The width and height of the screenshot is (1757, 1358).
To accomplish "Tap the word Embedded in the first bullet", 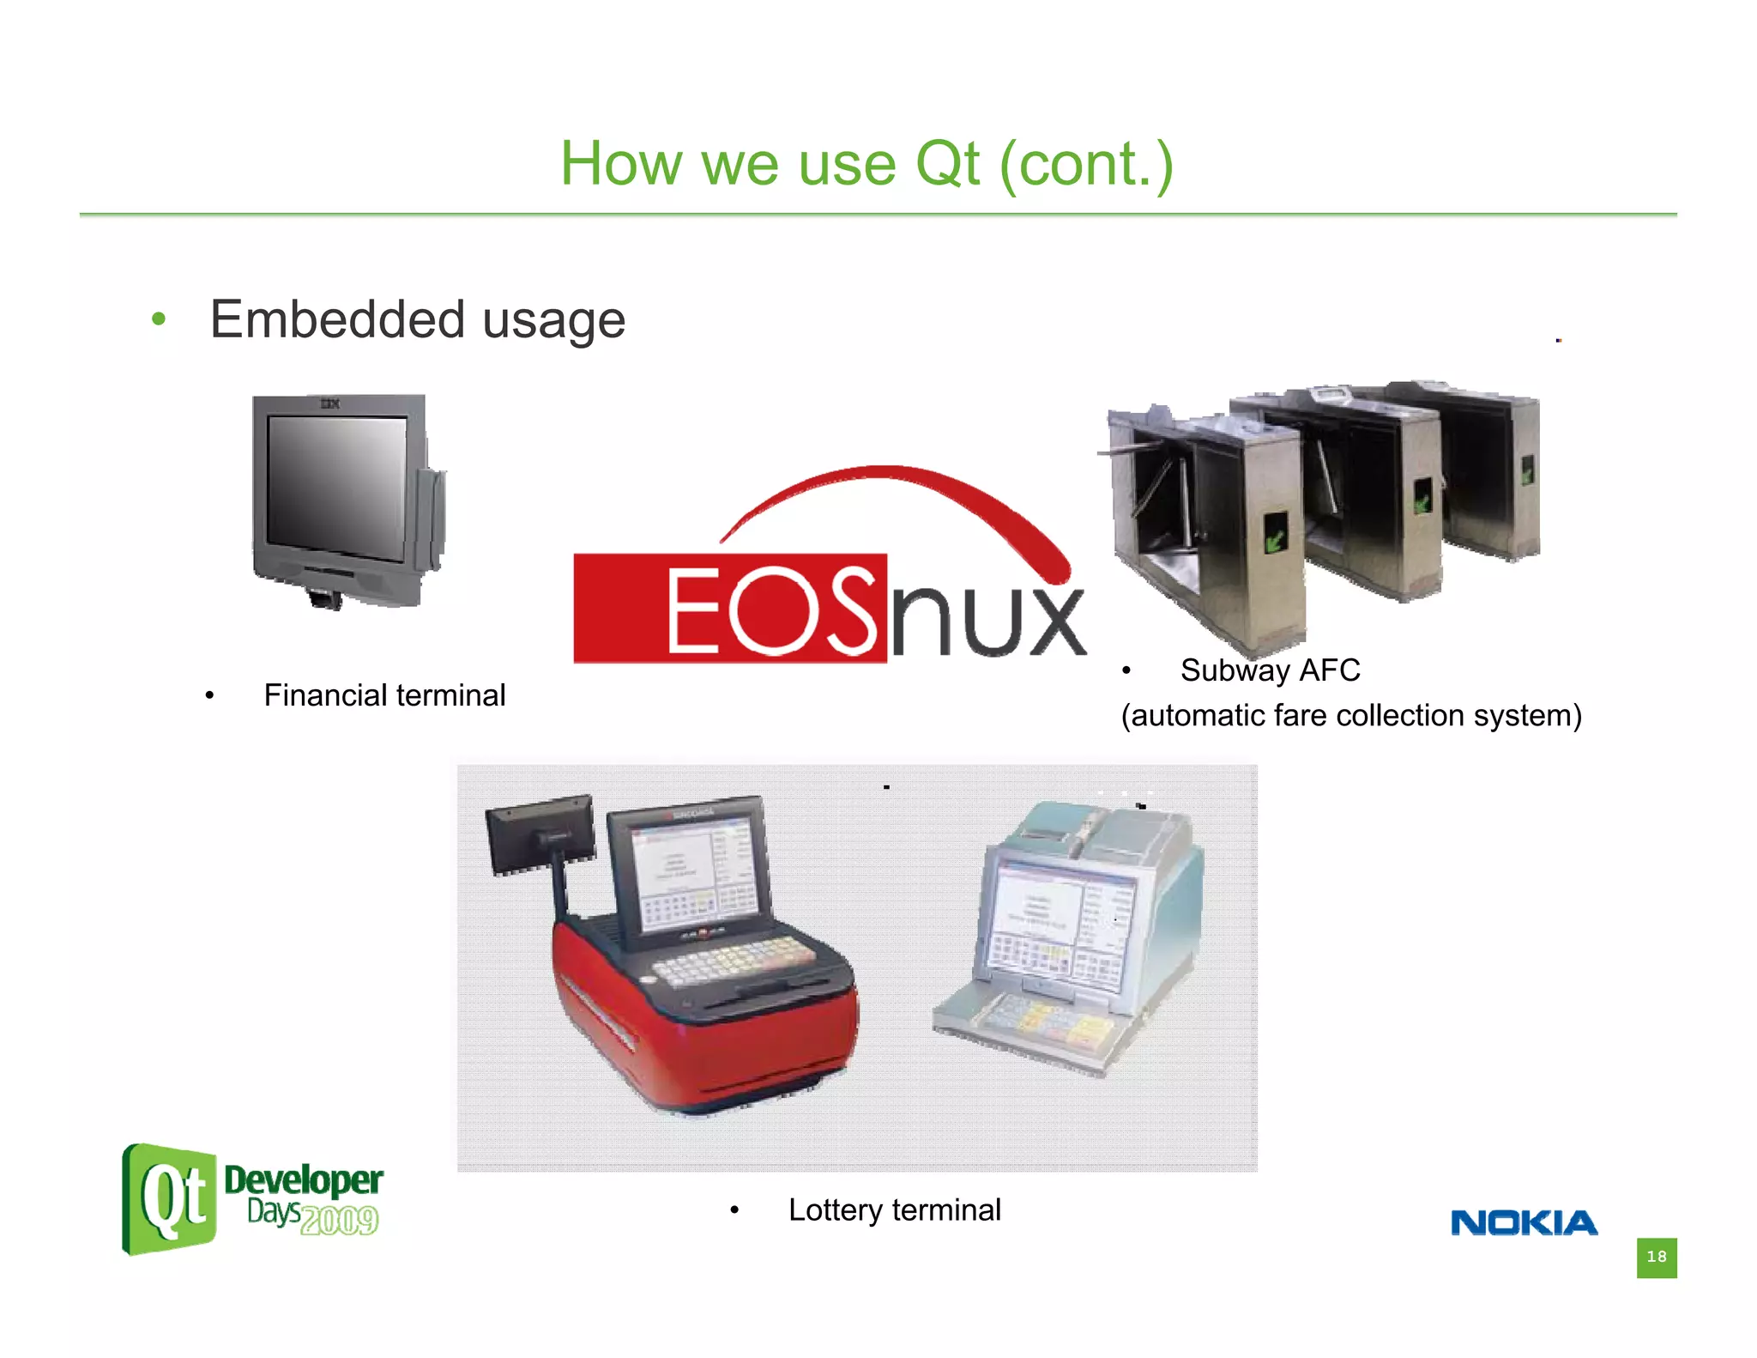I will (x=338, y=319).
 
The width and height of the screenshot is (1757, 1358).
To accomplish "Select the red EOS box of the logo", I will (x=729, y=608).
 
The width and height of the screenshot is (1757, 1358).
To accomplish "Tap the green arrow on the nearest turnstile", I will (x=1275, y=534).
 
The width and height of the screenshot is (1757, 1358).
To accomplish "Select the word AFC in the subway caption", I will (x=1330, y=670).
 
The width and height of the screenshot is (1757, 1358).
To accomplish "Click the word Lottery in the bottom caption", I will (x=836, y=1210).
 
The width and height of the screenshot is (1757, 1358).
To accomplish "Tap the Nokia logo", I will (x=1524, y=1222).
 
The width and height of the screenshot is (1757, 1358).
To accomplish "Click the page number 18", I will (x=1656, y=1258).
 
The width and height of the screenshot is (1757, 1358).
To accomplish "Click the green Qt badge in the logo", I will (x=169, y=1199).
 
